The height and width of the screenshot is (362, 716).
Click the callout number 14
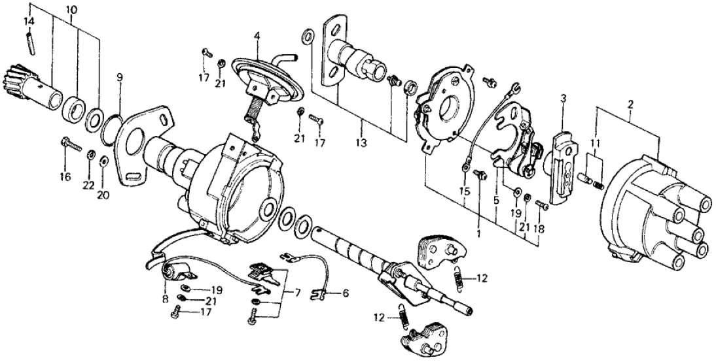click(x=28, y=22)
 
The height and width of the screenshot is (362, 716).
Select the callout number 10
click(x=71, y=10)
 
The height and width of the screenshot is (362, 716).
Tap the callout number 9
click(x=120, y=76)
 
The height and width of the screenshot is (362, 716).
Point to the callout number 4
click(x=258, y=29)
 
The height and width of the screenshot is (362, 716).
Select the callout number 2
click(x=630, y=104)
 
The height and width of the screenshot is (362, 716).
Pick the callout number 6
click(x=345, y=294)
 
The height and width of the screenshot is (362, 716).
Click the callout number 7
click(x=297, y=293)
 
